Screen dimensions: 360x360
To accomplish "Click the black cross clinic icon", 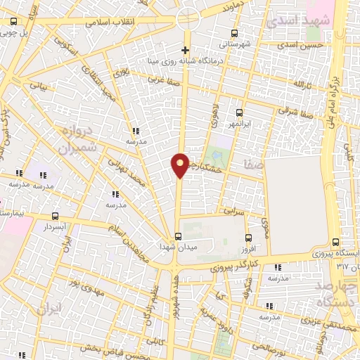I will [x=185, y=50].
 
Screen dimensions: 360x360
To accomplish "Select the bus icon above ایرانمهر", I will [x=239, y=112].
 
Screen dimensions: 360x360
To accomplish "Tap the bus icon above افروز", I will [x=248, y=238].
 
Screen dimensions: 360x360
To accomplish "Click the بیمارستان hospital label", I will [x=14, y=211].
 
